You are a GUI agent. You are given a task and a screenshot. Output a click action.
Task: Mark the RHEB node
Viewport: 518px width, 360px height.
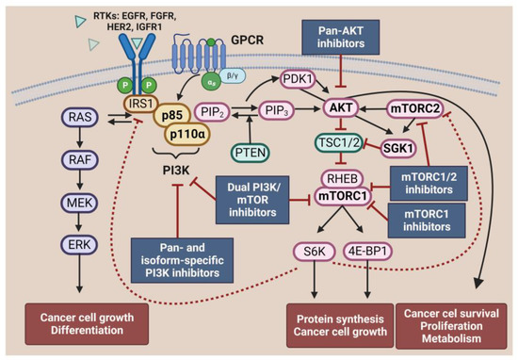coord(335,174)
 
